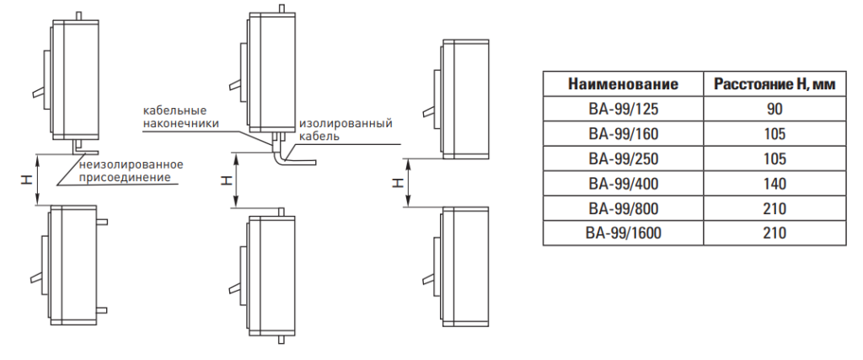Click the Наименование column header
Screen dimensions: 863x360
[623, 84]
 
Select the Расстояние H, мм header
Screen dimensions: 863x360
[775, 84]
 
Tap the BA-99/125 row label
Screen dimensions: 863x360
[623, 109]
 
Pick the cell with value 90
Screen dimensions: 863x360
[775, 109]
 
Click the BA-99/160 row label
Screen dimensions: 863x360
[623, 134]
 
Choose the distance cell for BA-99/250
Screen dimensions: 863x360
[775, 159]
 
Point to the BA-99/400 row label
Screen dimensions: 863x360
[623, 184]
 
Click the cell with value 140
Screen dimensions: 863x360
[775, 184]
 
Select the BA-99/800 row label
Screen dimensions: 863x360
[623, 208]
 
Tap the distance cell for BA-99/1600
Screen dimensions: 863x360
[775, 234]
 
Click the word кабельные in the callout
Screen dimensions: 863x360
[174, 110]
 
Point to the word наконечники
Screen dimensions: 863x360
[181, 123]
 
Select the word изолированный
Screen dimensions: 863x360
[345, 123]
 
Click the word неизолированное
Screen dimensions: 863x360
[131, 164]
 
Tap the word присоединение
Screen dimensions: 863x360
[124, 177]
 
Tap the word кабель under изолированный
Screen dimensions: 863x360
[319, 136]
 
